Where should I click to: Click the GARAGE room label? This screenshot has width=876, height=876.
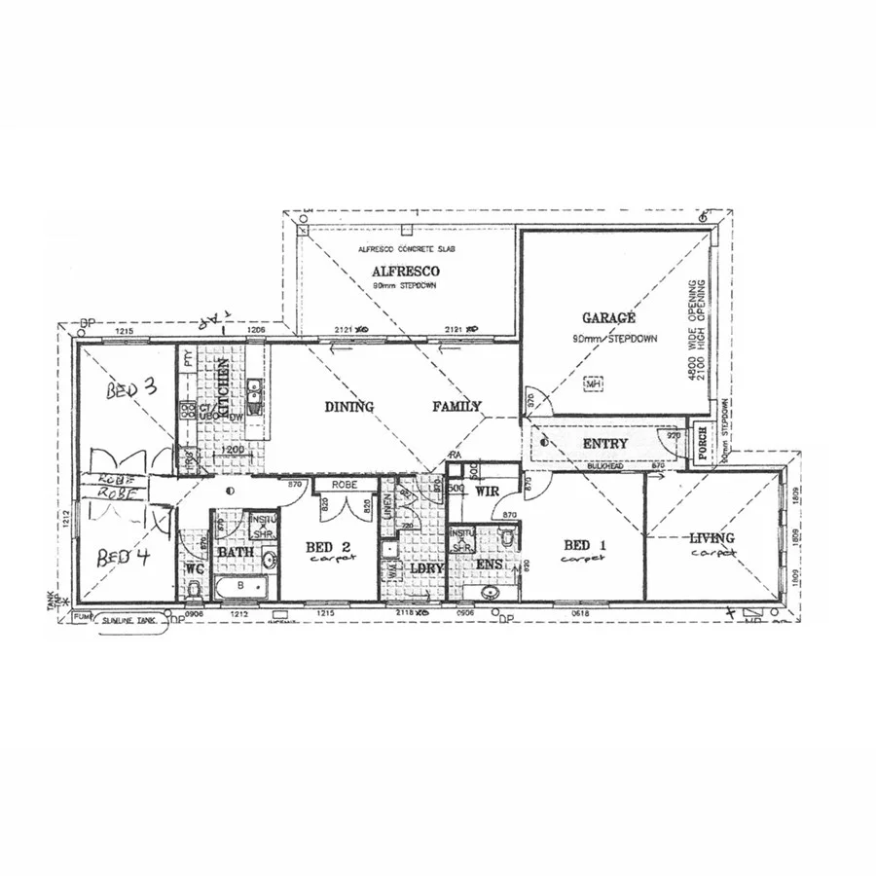click(609, 318)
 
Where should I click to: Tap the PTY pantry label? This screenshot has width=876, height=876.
click(185, 362)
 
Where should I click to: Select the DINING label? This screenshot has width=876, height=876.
click(348, 407)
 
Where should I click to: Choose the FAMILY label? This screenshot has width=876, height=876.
click(456, 407)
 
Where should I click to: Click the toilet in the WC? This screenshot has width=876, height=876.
click(194, 589)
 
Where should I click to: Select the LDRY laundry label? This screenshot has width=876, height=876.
click(421, 567)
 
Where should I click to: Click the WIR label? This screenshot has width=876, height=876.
click(488, 492)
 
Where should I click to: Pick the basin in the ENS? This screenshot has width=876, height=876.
click(490, 590)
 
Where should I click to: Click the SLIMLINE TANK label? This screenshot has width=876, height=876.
click(131, 619)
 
